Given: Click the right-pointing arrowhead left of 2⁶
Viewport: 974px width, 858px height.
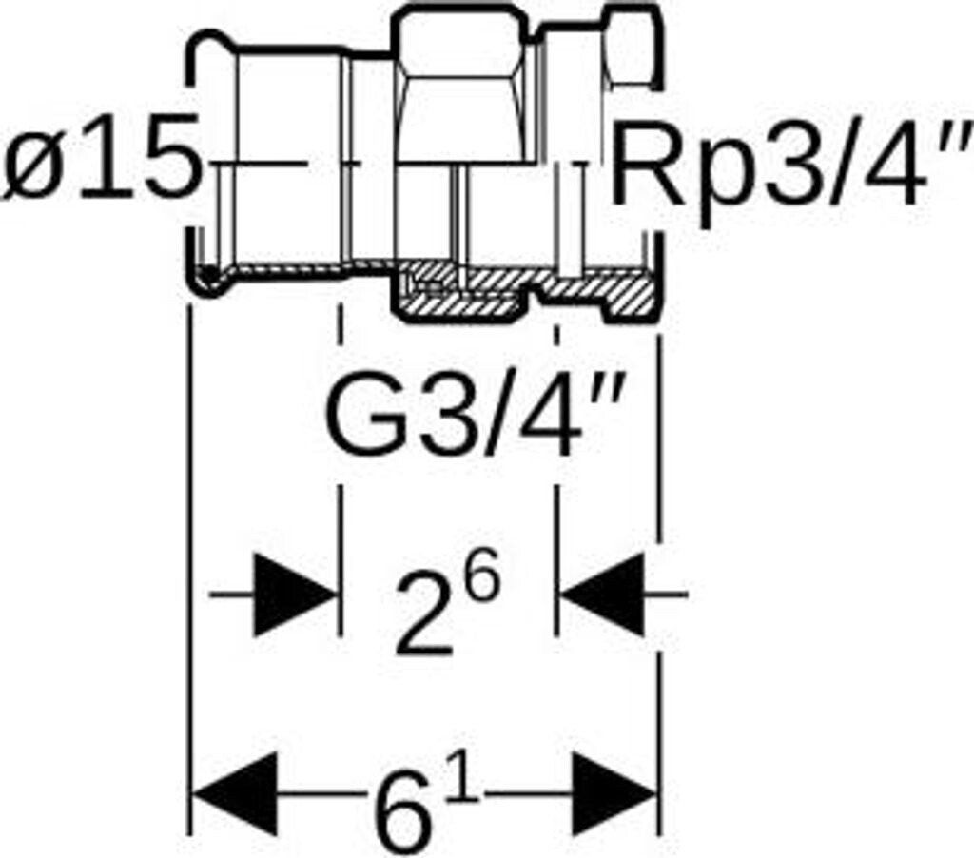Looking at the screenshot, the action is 295,595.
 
